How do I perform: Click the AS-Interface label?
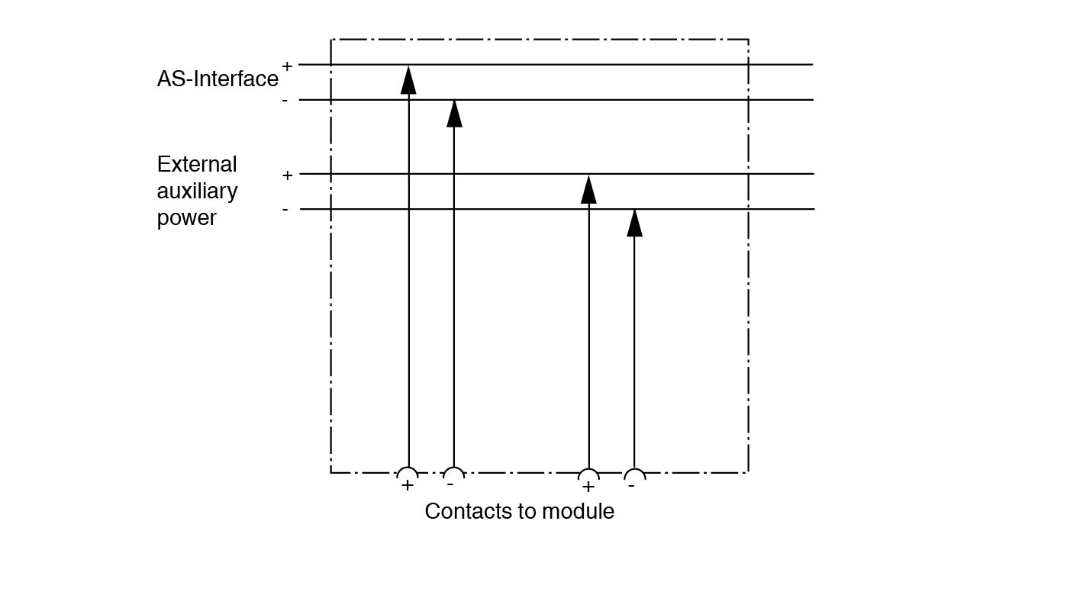point(218,79)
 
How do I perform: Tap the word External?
point(197,165)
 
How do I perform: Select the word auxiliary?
point(197,191)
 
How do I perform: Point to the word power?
point(187,218)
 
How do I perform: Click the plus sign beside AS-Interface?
point(287,66)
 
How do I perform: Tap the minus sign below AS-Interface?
point(285,101)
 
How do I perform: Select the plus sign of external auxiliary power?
point(287,175)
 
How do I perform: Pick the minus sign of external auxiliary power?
point(285,209)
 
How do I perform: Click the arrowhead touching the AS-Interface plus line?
point(408,79)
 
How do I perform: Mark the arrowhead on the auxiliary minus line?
point(634,223)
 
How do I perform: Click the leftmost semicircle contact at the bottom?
point(408,473)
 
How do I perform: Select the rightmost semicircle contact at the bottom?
point(635,474)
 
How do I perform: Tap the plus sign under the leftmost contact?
point(408,485)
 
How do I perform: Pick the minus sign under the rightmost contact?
point(630,485)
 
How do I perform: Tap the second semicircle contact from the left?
point(453,473)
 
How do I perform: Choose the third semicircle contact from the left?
point(588,474)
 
